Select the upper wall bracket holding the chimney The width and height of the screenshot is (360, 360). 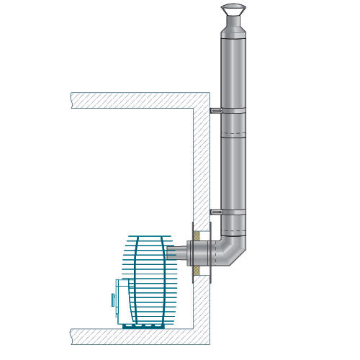click(x=215, y=110)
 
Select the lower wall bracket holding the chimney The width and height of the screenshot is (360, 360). click(x=215, y=212)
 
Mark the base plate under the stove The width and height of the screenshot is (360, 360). click(x=148, y=325)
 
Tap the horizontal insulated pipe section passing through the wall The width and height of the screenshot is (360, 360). click(x=199, y=253)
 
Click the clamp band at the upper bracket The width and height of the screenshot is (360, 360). click(x=233, y=110)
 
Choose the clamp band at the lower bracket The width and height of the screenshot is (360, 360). click(x=233, y=212)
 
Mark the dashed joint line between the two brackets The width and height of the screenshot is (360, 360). click(x=233, y=135)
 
